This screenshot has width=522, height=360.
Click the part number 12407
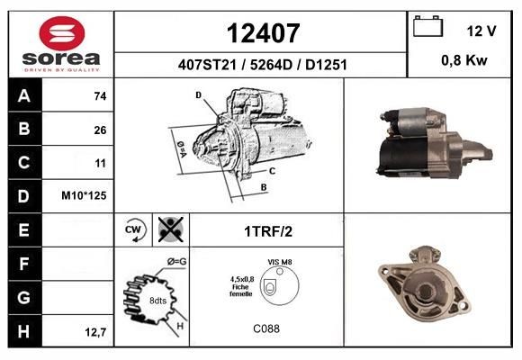pyautogui.click(x=263, y=33)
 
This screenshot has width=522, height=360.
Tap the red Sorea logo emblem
pyautogui.click(x=62, y=33)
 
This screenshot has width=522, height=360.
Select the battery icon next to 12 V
pyautogui.click(x=427, y=26)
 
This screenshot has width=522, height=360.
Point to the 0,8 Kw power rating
pyautogui.click(x=464, y=60)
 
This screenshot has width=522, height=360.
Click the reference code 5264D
pyautogui.click(x=271, y=65)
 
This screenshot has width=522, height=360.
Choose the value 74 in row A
pyautogui.click(x=100, y=96)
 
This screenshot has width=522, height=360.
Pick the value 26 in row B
pyautogui.click(x=100, y=130)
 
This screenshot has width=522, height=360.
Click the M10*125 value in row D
pyautogui.click(x=84, y=195)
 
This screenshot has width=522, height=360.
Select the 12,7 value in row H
pyautogui.click(x=95, y=332)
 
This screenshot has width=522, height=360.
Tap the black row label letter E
pyautogui.click(x=23, y=229)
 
